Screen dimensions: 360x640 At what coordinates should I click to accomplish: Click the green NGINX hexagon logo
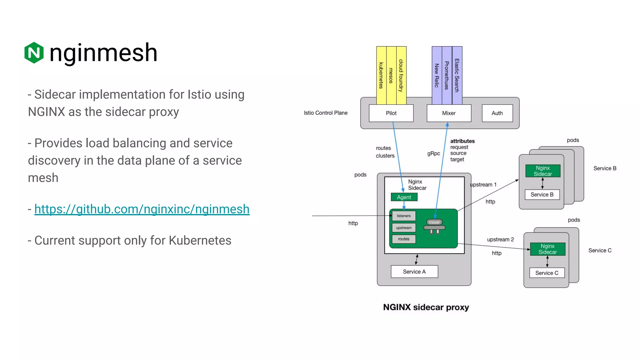coord(34,52)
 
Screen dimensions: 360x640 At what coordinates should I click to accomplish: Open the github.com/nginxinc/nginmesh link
coord(142,209)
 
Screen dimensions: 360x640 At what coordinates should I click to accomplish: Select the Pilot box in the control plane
coord(391,113)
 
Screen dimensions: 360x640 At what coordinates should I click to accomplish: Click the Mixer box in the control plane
coord(449,113)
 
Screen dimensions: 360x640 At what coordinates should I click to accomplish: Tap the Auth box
coord(497,113)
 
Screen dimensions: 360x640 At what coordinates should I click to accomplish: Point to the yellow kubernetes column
coord(381,75)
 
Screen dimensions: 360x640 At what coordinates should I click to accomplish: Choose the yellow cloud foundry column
coord(401,75)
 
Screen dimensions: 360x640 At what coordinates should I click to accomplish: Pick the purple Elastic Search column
coord(457,75)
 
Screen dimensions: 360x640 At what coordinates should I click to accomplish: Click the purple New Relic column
coord(437,75)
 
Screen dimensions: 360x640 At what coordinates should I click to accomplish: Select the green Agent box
coord(404,197)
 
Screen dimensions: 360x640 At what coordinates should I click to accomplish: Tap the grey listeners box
coord(403,216)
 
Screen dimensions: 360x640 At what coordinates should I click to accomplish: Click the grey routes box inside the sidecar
coord(403,239)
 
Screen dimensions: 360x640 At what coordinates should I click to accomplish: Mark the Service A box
coord(414,272)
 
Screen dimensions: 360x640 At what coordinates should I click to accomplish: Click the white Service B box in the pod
coord(542,195)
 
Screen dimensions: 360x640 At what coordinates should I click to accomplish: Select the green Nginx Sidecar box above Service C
coord(547,249)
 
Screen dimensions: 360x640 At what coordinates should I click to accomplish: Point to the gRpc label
coord(433,153)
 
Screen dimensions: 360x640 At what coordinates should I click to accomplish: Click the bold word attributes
coord(462,141)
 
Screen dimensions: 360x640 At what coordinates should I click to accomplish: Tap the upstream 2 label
coord(500,239)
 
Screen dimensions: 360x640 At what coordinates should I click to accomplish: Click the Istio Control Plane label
coord(325,113)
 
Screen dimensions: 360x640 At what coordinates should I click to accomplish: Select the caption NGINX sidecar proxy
coord(426,307)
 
